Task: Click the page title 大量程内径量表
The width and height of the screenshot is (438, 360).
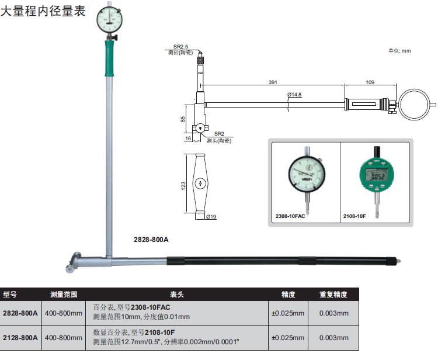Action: pos(47,11)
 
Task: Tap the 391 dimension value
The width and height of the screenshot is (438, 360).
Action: pos(273,82)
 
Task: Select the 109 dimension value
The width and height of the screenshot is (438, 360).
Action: pos(370,82)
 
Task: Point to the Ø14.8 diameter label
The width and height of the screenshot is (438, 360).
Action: pos(294,95)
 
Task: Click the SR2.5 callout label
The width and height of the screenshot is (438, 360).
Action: pos(181,46)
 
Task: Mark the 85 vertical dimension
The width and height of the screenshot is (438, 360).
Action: pos(183,119)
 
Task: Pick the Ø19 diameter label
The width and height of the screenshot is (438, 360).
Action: pos(211,217)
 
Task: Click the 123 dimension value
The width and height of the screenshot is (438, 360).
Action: pos(183,185)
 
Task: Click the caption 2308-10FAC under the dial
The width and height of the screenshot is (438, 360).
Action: pos(290,216)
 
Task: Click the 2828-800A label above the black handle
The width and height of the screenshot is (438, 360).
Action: pos(151,240)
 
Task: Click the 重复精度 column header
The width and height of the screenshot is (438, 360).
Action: pos(333,295)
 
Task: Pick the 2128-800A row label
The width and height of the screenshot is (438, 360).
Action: pos(20,338)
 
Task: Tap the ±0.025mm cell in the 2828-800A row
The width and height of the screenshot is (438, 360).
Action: pos(288,313)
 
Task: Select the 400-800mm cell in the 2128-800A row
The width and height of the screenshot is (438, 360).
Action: pos(64,338)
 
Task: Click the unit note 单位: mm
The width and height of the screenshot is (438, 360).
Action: pos(400,51)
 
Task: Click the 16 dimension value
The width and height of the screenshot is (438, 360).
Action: pos(187,139)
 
